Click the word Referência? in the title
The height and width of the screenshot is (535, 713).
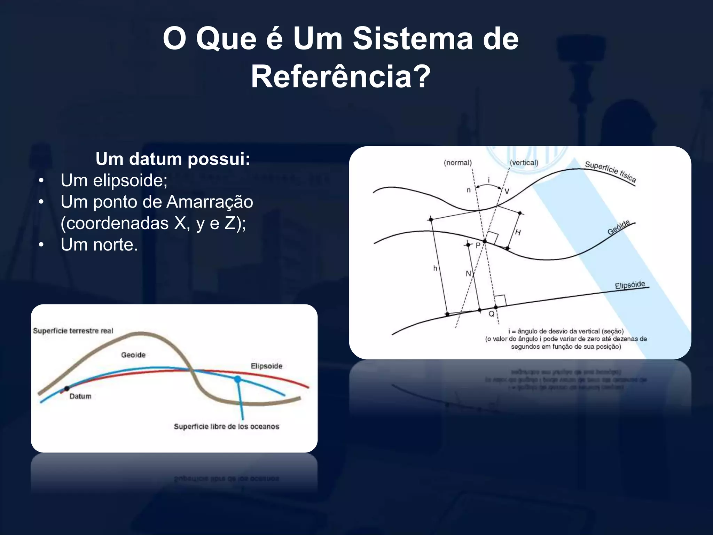coord(340,77)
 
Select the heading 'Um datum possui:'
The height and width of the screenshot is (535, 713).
coord(173,159)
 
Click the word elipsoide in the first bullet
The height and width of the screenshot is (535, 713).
coord(130,180)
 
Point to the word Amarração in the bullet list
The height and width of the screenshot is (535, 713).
coord(210,202)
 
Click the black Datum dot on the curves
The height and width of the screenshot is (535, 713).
coord(67,388)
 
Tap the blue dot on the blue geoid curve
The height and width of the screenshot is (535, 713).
coord(237,379)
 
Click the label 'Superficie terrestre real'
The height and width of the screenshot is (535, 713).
coord(73,331)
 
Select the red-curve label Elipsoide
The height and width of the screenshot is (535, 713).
coord(266,366)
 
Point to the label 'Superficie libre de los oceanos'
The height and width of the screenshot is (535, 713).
coord(227,427)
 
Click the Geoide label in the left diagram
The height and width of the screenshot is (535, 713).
coord(133,355)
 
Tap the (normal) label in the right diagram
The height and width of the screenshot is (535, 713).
coord(457,163)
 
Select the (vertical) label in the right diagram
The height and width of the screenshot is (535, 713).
coord(524,163)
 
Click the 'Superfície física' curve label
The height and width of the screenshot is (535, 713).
coord(610,172)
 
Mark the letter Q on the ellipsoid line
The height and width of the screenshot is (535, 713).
coord(492,314)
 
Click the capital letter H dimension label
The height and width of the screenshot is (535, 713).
coord(518,232)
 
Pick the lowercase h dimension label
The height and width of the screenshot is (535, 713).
coord(435,268)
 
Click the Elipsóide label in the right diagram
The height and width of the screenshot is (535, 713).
coord(630,285)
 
